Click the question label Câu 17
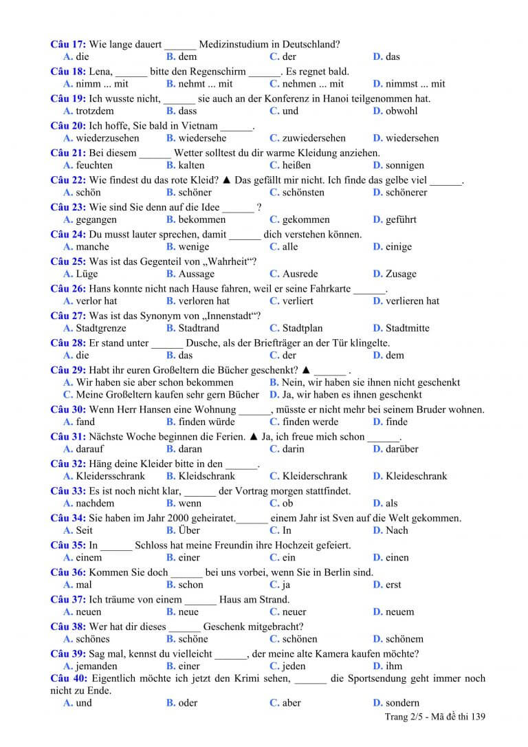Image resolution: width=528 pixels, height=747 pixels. [x=67, y=45]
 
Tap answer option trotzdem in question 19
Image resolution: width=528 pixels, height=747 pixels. [x=94, y=111]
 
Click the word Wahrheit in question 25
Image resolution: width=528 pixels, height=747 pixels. [x=227, y=261]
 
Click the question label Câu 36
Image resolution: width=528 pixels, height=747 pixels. [x=68, y=572]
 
